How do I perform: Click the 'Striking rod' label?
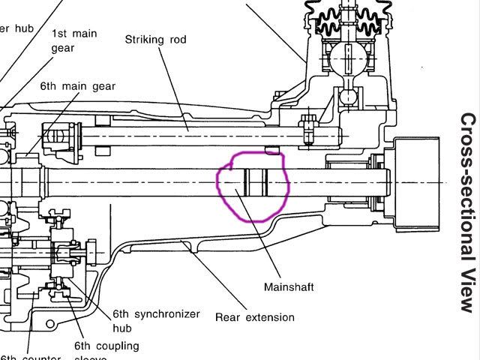click(x=155, y=38)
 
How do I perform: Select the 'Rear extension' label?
click(x=254, y=316)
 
